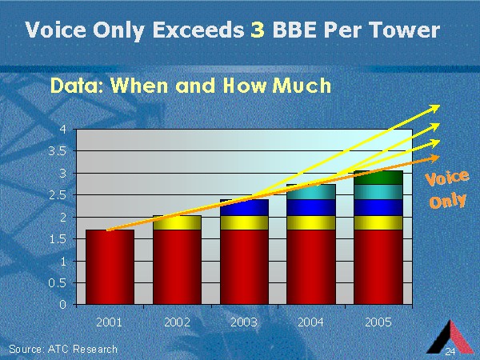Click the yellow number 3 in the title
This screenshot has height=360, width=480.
(x=257, y=30)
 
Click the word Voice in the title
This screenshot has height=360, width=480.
(x=53, y=30)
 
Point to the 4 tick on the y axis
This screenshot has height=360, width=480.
(x=63, y=130)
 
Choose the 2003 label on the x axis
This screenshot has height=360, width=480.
(x=243, y=322)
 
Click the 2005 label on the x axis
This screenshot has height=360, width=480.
(x=378, y=322)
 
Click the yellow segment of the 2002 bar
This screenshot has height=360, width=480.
(x=176, y=222)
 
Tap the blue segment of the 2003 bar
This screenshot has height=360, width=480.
(x=244, y=208)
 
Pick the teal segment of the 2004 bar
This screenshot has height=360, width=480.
(x=311, y=192)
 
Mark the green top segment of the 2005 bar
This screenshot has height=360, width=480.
(x=378, y=177)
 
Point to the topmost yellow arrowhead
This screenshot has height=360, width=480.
(x=437, y=106)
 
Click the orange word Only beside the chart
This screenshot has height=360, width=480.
(x=448, y=199)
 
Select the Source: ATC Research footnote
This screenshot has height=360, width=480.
(x=63, y=349)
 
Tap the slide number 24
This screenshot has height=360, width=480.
(x=450, y=353)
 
